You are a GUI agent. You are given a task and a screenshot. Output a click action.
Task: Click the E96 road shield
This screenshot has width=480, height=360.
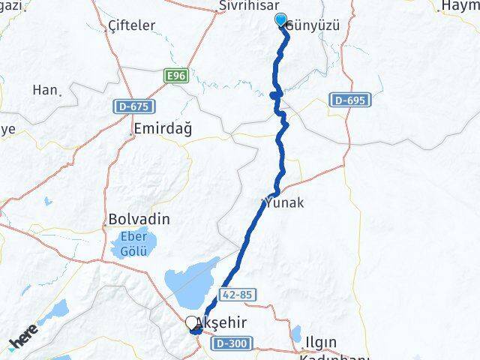click(177, 75)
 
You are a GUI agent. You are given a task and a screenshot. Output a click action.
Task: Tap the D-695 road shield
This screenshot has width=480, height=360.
click(349, 99)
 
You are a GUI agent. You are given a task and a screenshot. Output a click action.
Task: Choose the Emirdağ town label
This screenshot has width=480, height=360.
click(161, 129)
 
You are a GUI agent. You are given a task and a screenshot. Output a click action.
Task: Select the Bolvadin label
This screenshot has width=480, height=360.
click(139, 220)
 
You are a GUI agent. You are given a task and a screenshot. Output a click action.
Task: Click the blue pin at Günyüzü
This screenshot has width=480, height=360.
click(282, 20)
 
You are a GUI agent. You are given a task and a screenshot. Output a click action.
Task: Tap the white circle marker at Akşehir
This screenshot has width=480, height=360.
click(191, 322)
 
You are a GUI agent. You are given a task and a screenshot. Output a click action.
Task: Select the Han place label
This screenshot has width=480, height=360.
click(45, 90)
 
